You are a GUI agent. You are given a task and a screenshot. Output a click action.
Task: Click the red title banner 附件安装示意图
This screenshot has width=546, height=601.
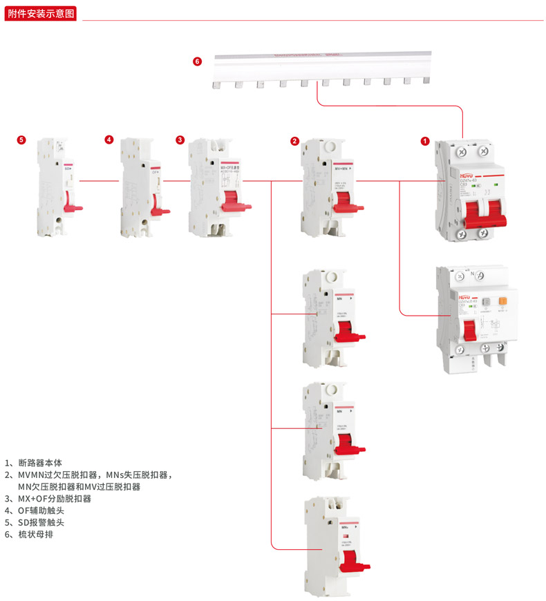(41, 13)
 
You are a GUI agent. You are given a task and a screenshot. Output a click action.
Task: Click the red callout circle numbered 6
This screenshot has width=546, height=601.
(197, 61)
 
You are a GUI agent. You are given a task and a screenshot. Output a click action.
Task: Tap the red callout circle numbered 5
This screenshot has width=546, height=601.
(21, 140)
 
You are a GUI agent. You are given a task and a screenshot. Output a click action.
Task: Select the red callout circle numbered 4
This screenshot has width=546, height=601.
(109, 140)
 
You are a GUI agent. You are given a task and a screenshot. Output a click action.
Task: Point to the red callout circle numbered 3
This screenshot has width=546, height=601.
(180, 140)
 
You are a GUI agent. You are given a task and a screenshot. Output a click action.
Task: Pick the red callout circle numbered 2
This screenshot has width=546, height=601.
(294, 142)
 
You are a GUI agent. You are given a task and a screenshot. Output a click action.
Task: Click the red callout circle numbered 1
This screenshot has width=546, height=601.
(425, 142)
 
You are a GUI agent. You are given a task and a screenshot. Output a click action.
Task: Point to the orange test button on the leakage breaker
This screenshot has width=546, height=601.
(503, 302)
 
